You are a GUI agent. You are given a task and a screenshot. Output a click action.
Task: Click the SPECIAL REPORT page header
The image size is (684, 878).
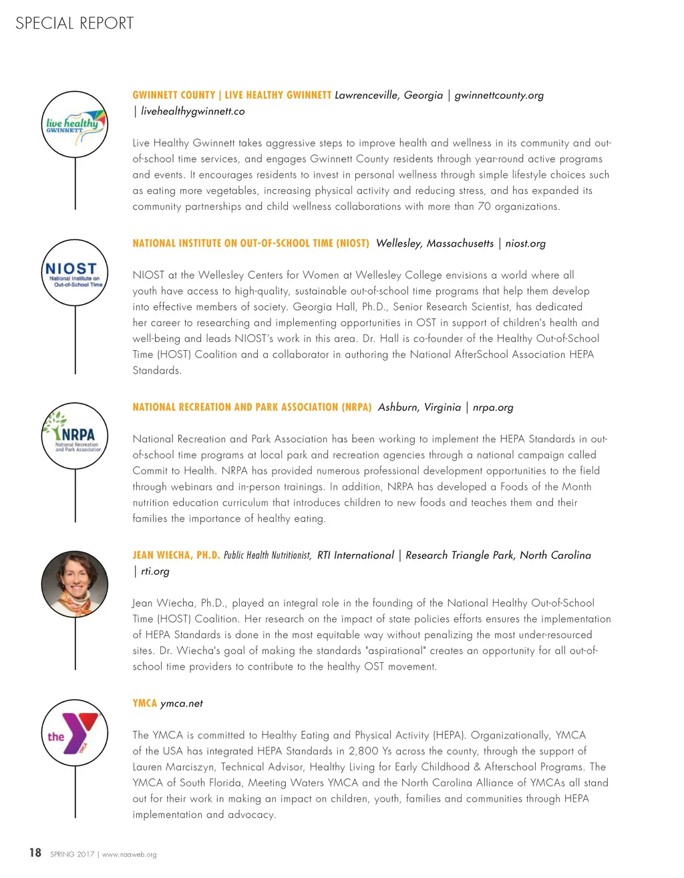[x=74, y=23]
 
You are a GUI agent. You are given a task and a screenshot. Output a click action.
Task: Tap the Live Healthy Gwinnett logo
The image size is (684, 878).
[x=75, y=125]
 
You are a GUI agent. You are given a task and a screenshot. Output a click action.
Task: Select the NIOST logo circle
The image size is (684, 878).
[x=75, y=273]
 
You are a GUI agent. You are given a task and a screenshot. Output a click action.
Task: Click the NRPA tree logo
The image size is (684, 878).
[x=75, y=436]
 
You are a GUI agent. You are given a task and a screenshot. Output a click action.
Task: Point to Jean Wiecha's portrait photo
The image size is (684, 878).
[x=75, y=584]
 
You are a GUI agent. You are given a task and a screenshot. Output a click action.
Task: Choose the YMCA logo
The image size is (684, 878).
[x=75, y=733]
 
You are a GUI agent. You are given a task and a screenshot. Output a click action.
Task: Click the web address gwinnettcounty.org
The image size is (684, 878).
[x=499, y=95]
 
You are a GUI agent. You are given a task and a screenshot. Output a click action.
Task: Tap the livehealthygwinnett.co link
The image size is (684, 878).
[x=192, y=112]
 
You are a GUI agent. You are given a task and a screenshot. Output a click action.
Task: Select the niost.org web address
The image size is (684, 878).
[x=525, y=243]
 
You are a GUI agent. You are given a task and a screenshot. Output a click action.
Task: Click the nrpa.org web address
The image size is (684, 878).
[x=493, y=407]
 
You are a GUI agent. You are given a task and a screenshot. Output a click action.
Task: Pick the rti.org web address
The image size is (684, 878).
[x=155, y=571]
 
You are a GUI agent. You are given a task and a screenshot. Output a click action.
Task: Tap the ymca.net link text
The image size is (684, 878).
[x=182, y=704]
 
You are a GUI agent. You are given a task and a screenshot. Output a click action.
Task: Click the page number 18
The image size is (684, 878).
[x=35, y=853]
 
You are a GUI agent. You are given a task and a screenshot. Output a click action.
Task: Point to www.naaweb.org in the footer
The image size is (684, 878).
[x=129, y=855]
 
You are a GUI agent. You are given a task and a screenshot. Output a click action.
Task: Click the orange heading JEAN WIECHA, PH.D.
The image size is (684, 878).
[x=176, y=555]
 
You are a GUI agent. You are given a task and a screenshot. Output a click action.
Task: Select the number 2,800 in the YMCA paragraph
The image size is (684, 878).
[x=363, y=751]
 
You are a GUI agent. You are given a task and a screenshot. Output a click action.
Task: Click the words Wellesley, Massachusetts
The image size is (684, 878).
[x=435, y=243]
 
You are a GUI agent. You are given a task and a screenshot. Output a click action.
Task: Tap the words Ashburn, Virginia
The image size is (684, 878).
[x=419, y=407]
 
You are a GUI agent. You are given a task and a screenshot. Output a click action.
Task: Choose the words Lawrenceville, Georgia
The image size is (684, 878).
[x=389, y=95]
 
